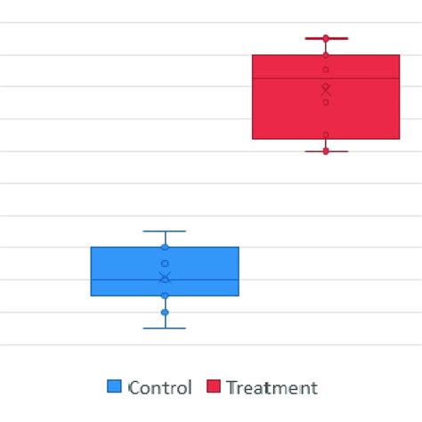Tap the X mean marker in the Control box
click(165, 278)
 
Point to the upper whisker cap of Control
click(165, 231)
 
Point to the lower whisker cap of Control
click(165, 328)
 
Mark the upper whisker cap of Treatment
click(326, 38)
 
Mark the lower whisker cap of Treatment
click(326, 151)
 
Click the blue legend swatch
click(114, 386)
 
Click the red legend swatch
click(214, 386)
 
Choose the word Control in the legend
click(160, 387)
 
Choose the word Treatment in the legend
click(272, 387)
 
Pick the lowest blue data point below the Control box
click(165, 312)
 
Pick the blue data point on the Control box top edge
click(165, 247)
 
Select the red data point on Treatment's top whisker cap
click(326, 38)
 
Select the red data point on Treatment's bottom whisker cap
click(326, 151)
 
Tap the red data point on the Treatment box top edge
click(326, 55)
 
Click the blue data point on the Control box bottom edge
click(165, 295)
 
